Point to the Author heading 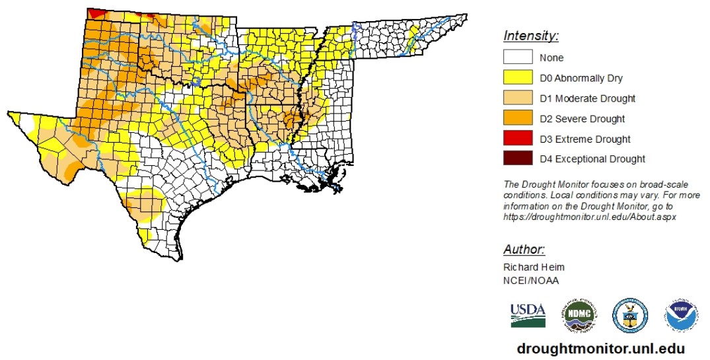pyautogui.click(x=524, y=250)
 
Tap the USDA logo pyautogui.click(x=527, y=314)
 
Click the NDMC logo pyautogui.click(x=579, y=315)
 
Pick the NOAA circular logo pyautogui.click(x=682, y=315)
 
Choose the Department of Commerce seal pyautogui.click(x=629, y=314)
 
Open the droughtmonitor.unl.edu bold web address pyautogui.click(x=600, y=348)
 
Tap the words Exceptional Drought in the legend pyautogui.click(x=600, y=159)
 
